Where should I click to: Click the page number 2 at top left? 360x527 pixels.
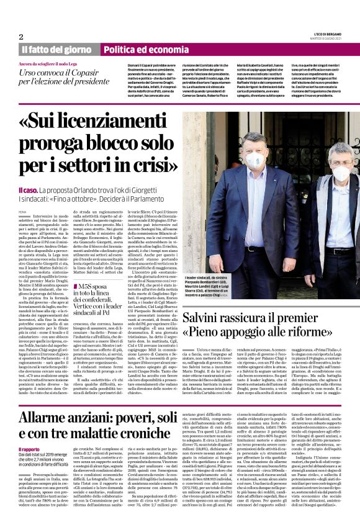21,36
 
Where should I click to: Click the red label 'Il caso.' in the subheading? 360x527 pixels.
28,189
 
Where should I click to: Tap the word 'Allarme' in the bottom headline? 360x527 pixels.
55,417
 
